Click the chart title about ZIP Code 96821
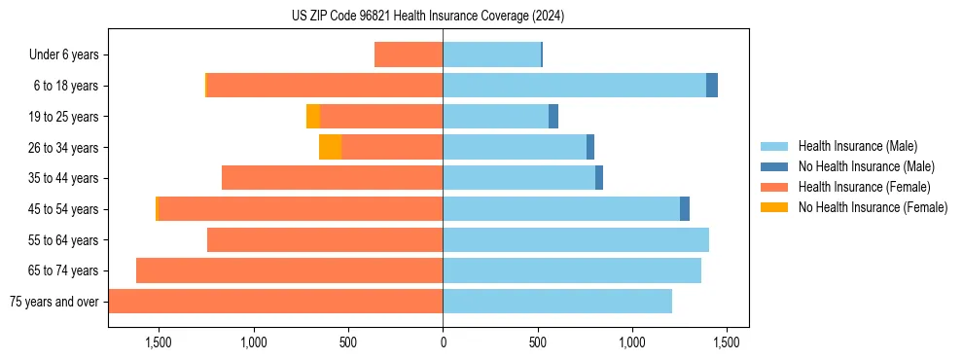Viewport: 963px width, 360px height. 428,16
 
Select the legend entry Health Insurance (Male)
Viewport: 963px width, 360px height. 857,146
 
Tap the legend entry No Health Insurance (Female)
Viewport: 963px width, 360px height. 873,207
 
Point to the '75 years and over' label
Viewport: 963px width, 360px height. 53,302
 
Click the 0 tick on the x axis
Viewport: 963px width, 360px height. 443,342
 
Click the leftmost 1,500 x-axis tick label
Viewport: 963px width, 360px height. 159,342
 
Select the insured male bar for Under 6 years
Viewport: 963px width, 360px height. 491,54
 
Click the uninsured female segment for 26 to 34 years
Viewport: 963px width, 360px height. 330,147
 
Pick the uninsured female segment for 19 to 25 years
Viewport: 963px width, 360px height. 313,117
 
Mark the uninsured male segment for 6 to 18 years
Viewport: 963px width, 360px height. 712,86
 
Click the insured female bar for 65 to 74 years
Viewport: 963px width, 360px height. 289,270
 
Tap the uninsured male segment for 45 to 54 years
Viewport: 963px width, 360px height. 685,209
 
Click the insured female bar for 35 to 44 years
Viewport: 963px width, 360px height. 332,178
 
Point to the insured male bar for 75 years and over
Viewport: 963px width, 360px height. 557,302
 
